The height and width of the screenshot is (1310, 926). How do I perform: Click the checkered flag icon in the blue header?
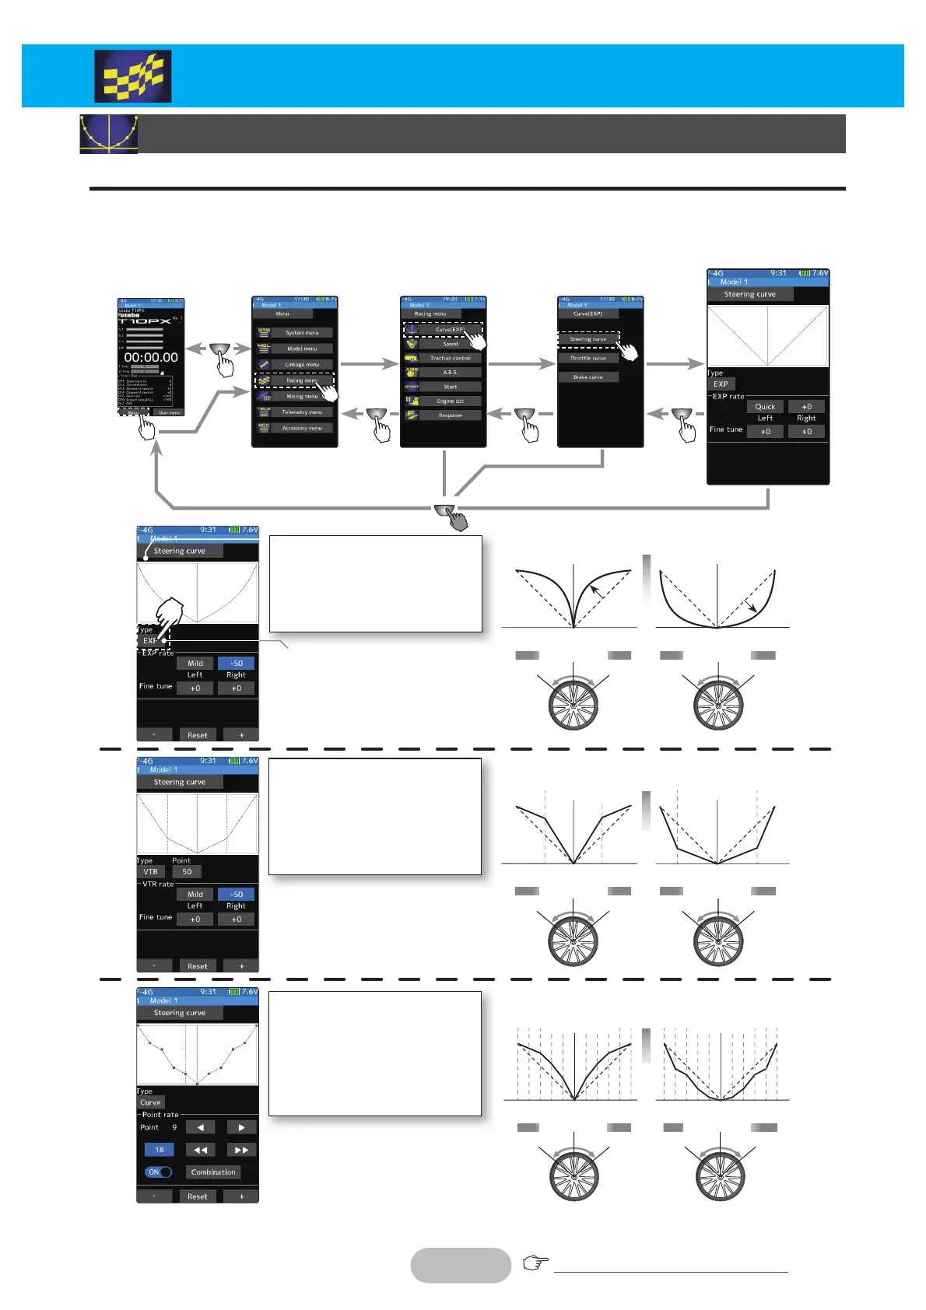tap(133, 77)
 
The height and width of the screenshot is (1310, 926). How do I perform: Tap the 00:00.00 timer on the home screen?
tap(151, 358)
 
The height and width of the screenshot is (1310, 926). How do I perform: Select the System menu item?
tap(301, 333)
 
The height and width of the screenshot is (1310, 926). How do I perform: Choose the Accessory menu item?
tap(301, 428)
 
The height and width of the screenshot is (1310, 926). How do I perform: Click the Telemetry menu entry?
tap(301, 412)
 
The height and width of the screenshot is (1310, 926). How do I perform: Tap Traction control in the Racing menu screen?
tap(450, 359)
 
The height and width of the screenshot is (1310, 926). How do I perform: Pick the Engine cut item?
tap(450, 401)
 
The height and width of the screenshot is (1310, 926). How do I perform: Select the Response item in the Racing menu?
tap(450, 415)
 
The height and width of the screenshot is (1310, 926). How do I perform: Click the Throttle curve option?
tap(588, 359)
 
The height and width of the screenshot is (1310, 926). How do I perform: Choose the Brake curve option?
tap(588, 377)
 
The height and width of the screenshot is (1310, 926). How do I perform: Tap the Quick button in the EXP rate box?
tap(765, 407)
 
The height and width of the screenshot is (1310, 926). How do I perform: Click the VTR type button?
tap(150, 872)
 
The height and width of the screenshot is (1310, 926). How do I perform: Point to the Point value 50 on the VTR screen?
tap(187, 872)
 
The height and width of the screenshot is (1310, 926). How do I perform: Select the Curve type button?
tap(150, 1103)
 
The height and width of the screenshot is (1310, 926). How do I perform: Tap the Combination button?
tap(212, 1172)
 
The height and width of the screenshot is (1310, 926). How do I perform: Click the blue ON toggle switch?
tap(158, 1172)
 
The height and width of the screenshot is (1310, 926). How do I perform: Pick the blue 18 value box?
tap(159, 1150)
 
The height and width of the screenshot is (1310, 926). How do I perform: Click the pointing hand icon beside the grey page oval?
tap(535, 1263)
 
